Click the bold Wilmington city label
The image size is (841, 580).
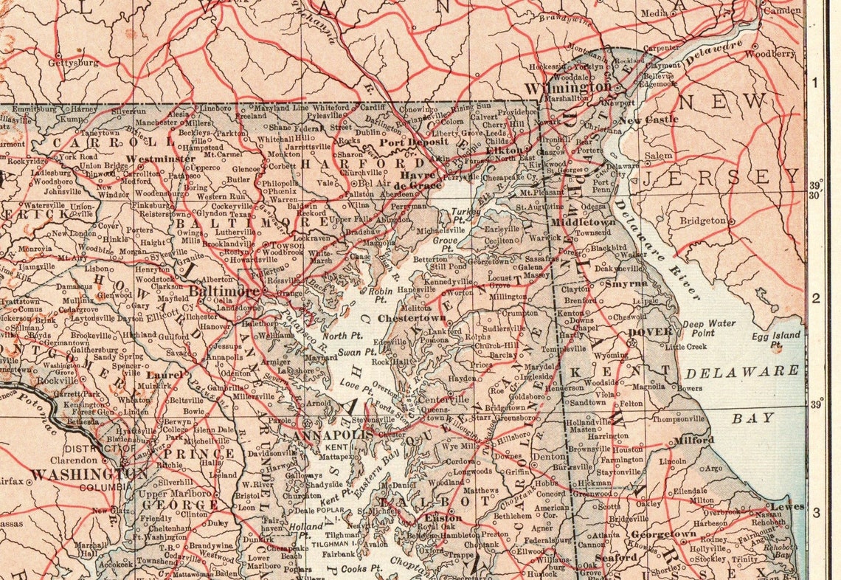[558, 87]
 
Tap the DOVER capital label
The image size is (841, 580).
[649, 331]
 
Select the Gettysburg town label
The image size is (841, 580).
[72, 63]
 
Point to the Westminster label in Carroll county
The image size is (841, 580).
[160, 159]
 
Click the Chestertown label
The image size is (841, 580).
[412, 318]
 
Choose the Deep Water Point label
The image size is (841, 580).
[708, 328]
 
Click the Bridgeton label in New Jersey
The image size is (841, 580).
[702, 220]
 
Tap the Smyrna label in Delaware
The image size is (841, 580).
[626, 283]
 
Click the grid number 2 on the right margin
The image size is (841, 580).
[816, 299]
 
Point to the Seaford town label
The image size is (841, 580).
[615, 559]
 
